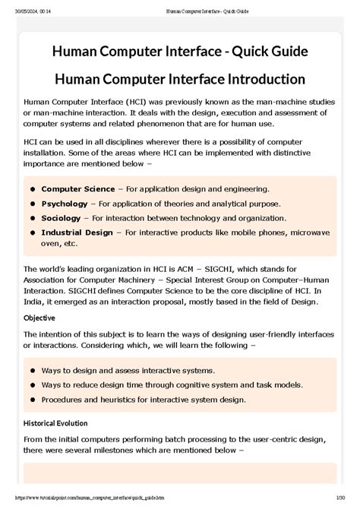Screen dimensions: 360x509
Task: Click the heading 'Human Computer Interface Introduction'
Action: pos(180,79)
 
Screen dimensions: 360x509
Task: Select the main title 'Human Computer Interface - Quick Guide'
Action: pos(180,51)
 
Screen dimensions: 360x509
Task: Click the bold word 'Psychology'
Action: pos(64,204)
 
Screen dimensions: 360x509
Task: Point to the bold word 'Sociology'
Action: pos(62,218)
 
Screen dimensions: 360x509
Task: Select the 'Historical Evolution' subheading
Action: pos(55,422)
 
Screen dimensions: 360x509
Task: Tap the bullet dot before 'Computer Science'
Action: pos(33,188)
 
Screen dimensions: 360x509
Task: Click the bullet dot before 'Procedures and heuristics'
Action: pos(33,399)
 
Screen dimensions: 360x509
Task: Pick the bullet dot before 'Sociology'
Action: pos(33,218)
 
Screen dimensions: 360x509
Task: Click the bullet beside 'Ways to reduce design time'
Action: pos(33,384)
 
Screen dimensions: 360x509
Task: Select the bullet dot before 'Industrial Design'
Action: pos(33,232)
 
